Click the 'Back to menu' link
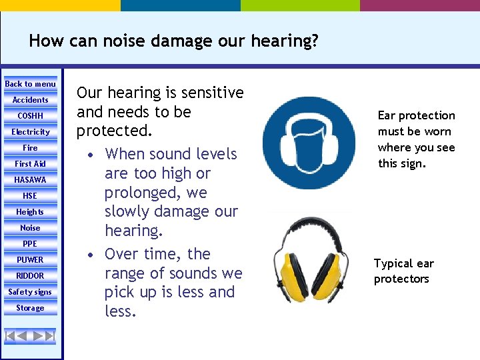tap(31, 84)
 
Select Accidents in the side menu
tap(31, 100)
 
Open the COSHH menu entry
tap(31, 116)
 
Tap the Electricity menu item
tap(31, 132)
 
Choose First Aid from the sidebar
tap(31, 164)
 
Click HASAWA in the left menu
tap(31, 180)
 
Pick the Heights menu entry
tap(31, 212)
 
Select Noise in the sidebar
tap(31, 228)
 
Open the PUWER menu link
tap(31, 260)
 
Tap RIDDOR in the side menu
tap(31, 276)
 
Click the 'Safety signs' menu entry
tap(31, 292)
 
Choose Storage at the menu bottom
tap(31, 308)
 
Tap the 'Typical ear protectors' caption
tap(403, 271)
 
